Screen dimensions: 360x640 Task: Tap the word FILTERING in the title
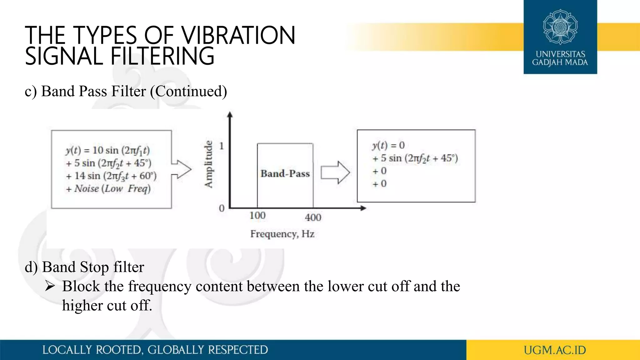pos(162,56)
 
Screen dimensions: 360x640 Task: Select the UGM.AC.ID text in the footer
pos(555,350)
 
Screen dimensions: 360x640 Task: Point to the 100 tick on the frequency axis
pos(257,215)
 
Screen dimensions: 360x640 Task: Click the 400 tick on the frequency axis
pos(313,217)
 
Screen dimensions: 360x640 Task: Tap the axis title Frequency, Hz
pos(282,234)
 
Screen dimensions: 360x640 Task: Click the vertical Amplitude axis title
pos(208,164)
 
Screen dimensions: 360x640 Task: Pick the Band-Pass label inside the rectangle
pos(285,173)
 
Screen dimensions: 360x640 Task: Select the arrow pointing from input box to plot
pos(182,169)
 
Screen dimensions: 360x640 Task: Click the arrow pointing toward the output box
pos(335,172)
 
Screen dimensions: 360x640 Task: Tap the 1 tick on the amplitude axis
pos(222,146)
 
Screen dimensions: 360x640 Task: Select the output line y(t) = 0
pos(388,145)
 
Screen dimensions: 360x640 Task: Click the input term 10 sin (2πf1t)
pos(121,150)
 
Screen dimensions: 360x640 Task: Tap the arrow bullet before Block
pos(50,286)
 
